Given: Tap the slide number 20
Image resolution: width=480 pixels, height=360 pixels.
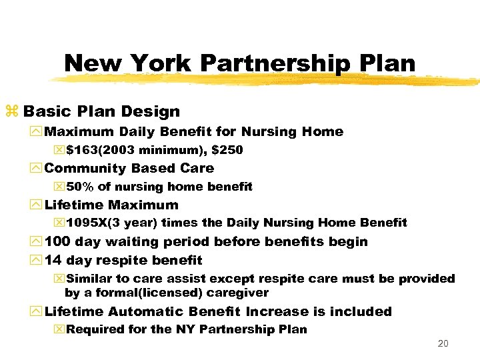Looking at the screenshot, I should (443, 344).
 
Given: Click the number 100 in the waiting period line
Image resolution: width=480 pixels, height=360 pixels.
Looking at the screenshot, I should (57, 241).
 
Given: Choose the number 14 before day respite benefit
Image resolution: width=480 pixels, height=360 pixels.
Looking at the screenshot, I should (53, 260).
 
